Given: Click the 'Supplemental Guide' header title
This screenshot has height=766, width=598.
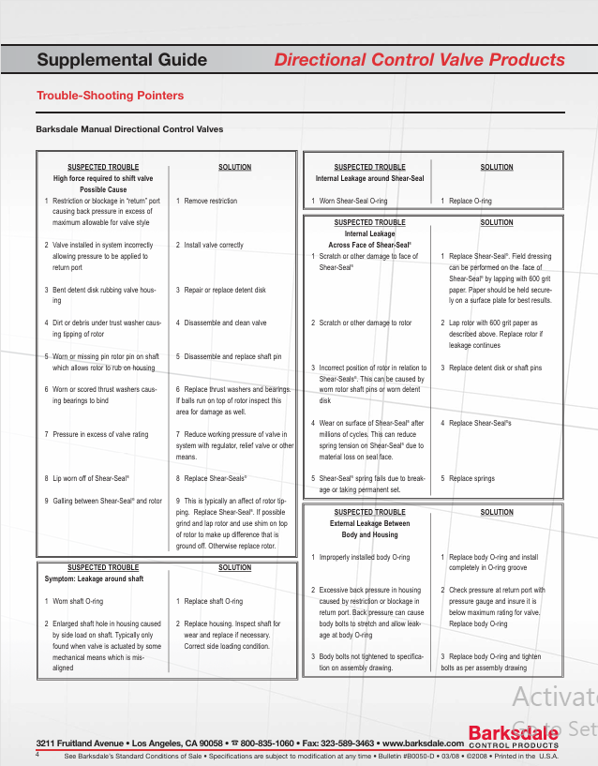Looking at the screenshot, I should tap(122, 60).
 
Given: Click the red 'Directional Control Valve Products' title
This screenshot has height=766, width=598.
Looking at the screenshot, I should tap(419, 60).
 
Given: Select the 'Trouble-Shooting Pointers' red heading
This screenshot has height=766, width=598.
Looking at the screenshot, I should tap(110, 96).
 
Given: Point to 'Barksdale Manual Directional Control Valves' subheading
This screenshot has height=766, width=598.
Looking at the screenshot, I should tap(129, 129).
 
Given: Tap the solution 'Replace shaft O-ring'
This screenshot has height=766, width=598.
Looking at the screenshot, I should tap(213, 601).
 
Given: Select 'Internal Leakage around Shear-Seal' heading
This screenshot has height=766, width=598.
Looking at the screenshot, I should tap(369, 178).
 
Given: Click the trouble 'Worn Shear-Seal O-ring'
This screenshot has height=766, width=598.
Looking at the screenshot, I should tap(352, 201).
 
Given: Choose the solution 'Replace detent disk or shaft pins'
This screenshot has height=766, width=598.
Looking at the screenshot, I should tap(495, 368).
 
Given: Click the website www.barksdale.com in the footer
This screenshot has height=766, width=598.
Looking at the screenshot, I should tap(424, 743).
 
